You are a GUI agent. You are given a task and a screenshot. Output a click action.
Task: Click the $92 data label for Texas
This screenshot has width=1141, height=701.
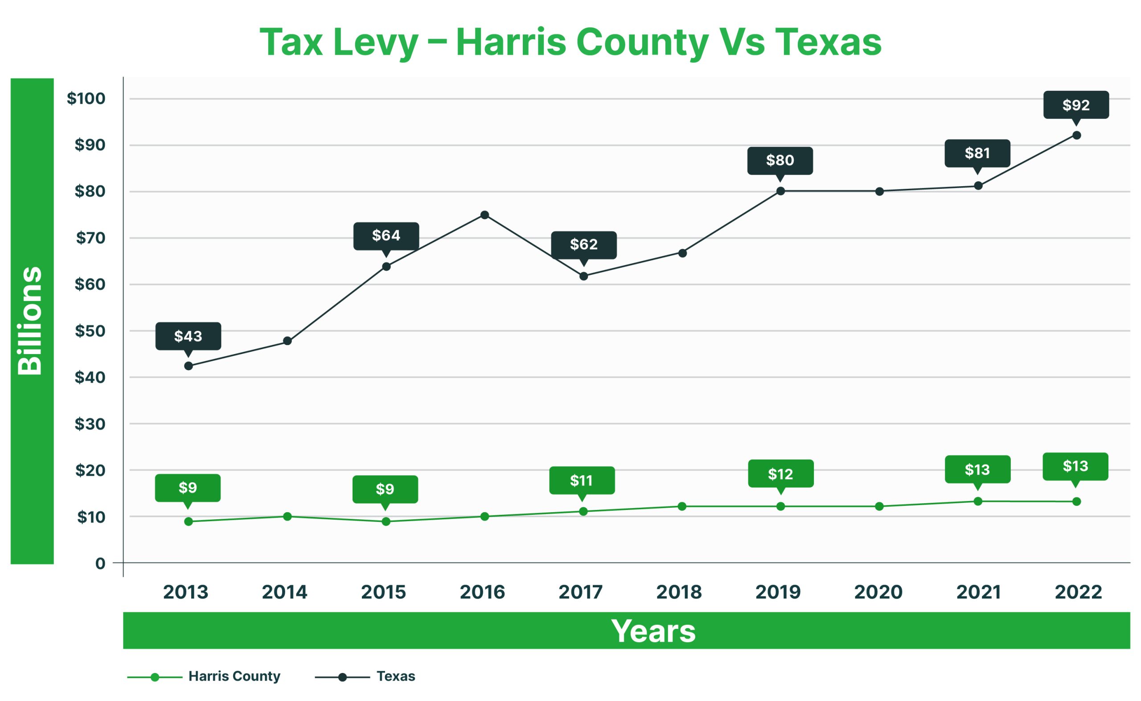[x=1075, y=105]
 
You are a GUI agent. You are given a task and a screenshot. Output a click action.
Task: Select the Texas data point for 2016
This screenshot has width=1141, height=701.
[x=484, y=215]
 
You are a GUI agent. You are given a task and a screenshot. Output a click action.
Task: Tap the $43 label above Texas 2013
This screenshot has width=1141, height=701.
[x=188, y=336]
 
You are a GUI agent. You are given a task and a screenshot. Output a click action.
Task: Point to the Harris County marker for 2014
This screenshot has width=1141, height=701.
[x=287, y=517]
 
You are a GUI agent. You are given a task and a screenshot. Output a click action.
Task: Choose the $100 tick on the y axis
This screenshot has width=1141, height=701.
[x=86, y=98]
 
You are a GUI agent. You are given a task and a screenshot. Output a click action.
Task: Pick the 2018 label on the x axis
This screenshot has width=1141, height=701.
[x=679, y=592]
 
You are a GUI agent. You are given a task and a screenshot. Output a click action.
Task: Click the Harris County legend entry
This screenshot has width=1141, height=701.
[x=234, y=677]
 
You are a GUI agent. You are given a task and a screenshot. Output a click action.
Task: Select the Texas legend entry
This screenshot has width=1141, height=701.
[x=395, y=677]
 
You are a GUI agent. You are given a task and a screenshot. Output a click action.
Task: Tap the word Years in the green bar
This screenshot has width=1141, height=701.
[x=653, y=631]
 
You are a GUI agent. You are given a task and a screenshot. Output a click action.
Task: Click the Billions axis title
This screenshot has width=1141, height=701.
[x=31, y=321]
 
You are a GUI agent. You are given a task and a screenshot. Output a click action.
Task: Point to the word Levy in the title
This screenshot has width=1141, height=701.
[x=376, y=43]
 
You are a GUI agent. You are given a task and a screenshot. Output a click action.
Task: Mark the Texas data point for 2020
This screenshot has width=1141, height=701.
[x=879, y=192]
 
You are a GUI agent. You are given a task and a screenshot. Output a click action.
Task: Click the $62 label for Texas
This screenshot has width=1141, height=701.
[x=584, y=245]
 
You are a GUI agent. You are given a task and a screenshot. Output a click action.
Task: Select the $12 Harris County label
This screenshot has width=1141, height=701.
[x=780, y=474]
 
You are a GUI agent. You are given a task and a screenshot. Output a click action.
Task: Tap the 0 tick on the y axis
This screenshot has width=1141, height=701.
[x=100, y=564]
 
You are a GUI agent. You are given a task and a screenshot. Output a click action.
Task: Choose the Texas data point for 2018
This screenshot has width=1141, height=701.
[x=682, y=253]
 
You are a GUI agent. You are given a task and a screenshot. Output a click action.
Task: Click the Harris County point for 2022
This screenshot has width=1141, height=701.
[x=1076, y=501]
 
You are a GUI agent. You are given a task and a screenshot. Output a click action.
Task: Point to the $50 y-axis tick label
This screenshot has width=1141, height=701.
[x=90, y=331]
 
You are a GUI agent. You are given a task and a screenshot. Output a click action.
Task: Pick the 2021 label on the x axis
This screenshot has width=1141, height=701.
[x=978, y=592]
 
